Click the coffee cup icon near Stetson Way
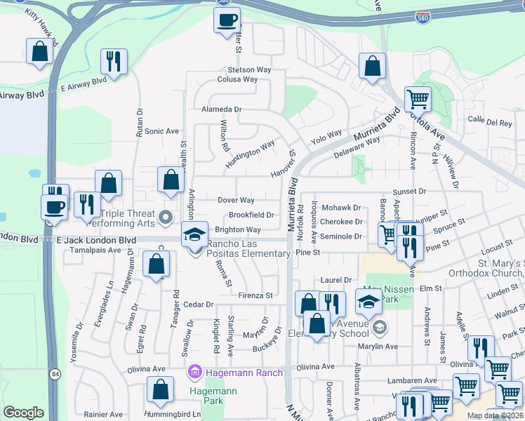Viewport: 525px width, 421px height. coord(227,21)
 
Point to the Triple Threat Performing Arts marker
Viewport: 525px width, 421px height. coord(166,218)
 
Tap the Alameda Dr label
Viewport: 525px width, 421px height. coord(221,109)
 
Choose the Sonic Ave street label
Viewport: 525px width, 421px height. coord(162,131)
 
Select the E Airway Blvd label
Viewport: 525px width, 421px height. coord(84,84)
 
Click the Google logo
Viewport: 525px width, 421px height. coord(23,413)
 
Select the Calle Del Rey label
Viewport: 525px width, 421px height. coord(490,122)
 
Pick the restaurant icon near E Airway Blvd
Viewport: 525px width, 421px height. coord(112,62)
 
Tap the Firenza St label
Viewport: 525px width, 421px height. coord(255,295)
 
